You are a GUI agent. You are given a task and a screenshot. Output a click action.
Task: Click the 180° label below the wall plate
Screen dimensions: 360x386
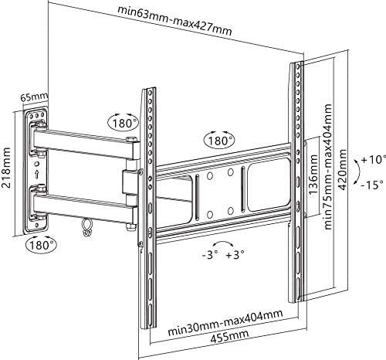click(40, 245)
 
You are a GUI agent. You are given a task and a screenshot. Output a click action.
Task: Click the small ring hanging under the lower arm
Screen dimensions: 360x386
click(86, 227)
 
